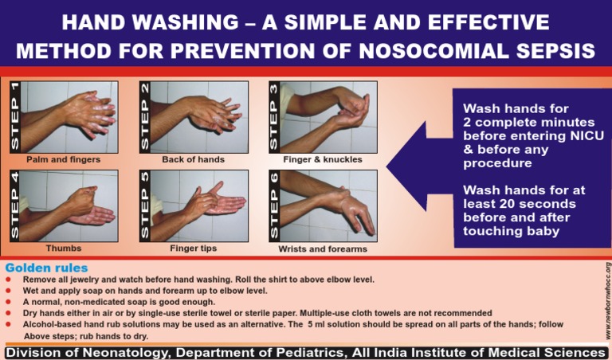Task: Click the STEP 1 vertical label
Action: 14,116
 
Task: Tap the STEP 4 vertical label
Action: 14,205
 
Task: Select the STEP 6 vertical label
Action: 274,205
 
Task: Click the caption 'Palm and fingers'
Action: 63,160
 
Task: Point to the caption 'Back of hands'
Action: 193,160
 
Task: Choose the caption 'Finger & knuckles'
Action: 322,160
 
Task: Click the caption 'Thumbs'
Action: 63,248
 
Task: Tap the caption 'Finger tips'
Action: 193,248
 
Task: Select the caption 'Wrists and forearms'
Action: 322,249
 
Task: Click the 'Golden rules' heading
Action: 46,268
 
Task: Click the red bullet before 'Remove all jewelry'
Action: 8,280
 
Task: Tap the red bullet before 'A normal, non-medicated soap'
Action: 8,303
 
